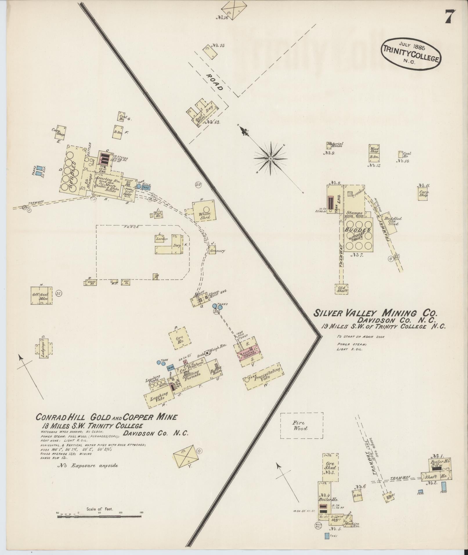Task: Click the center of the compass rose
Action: (x=270, y=158)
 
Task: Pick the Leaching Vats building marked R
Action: (x=159, y=396)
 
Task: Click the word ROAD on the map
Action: (x=215, y=82)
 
